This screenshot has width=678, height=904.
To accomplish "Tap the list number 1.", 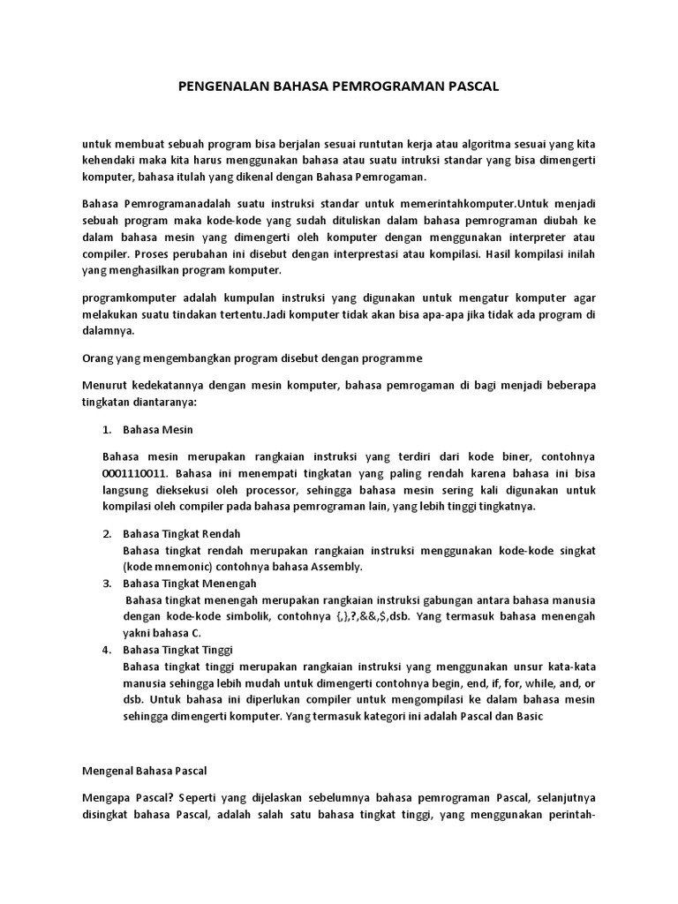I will click(107, 430).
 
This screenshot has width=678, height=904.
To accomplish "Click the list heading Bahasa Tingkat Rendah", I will click(182, 534).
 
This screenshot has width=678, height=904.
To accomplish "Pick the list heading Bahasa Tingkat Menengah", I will click(190, 584).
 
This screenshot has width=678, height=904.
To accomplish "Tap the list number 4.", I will click(107, 650).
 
